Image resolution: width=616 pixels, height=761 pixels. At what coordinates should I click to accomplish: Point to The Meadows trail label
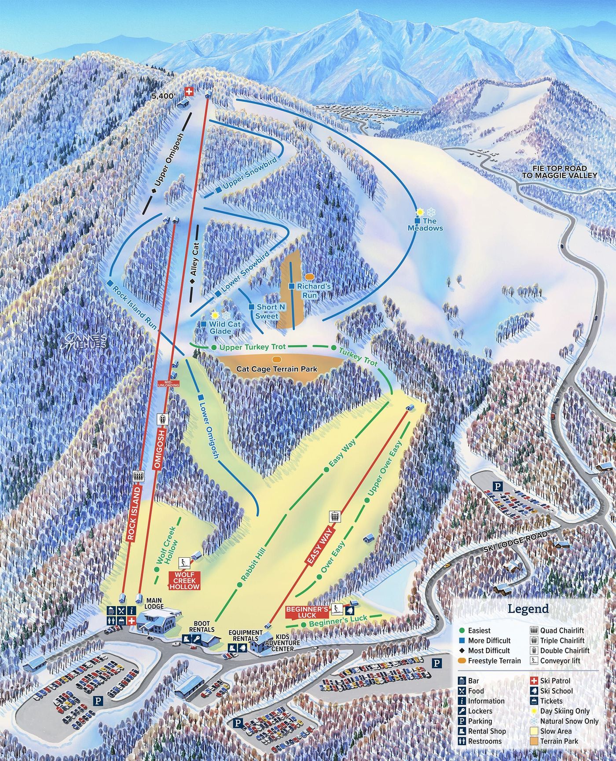pos(425,224)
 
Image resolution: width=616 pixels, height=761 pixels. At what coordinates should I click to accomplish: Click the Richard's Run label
pos(313,290)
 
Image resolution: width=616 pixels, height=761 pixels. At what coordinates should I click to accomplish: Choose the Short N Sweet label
pos(267,311)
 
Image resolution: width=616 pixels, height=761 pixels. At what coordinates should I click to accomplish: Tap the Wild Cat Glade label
pos(225,327)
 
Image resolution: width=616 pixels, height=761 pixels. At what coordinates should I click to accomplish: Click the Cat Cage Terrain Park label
pos(277,369)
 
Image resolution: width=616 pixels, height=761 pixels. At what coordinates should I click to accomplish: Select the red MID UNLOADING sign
pos(169,383)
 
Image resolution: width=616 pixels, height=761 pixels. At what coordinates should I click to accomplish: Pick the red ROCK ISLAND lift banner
pos(134,513)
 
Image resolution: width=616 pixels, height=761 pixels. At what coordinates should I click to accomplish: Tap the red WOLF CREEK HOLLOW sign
pos(185,581)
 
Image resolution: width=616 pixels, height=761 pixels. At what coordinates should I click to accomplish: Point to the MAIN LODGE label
pos(154,603)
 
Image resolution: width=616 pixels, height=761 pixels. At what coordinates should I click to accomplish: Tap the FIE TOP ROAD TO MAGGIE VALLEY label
pos(560,172)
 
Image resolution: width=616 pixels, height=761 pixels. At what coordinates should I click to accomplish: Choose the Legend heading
pos(528,609)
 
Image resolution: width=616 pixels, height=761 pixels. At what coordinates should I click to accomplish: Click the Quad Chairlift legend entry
pos(562,631)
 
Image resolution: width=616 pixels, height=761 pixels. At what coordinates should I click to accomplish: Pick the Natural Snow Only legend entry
pos(569,721)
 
